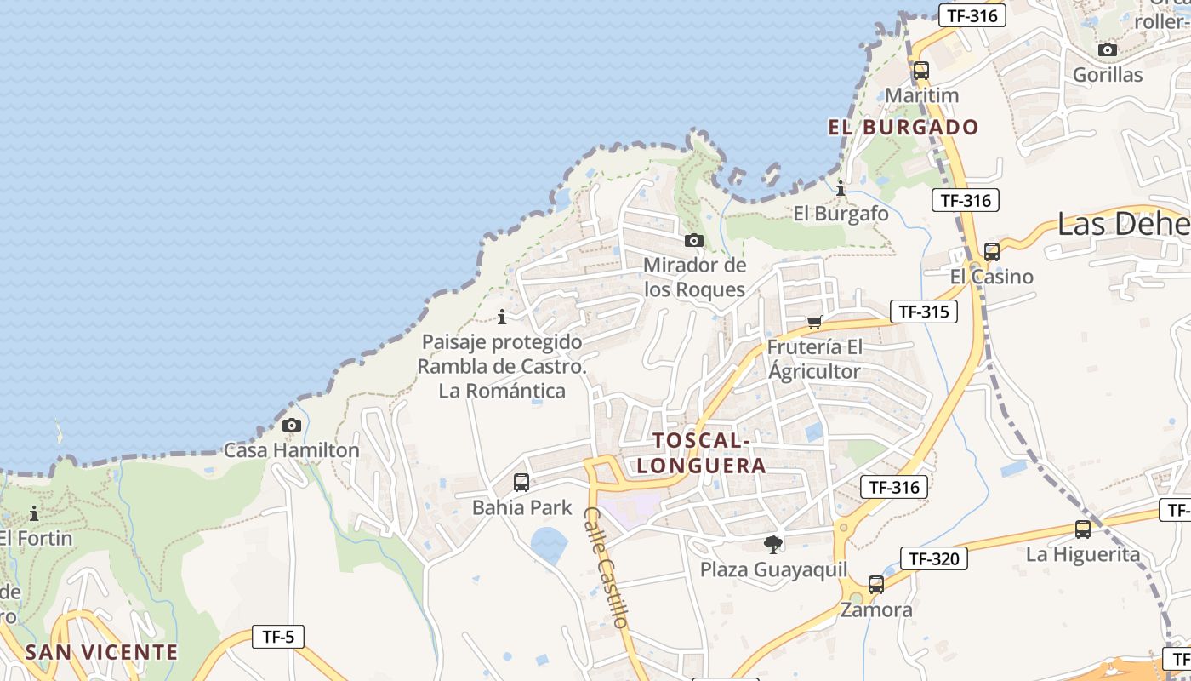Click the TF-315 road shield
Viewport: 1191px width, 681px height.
point(923,312)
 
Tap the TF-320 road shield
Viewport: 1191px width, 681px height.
point(933,558)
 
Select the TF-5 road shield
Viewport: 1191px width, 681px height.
point(278,636)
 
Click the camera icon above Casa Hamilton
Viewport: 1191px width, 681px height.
point(291,425)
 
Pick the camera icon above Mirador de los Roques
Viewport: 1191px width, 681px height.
point(694,240)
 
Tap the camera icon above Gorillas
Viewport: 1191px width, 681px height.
point(1107,49)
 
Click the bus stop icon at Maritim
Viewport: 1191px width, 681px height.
point(920,71)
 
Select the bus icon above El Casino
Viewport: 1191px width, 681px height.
point(991,252)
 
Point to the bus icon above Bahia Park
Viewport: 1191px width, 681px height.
point(521,483)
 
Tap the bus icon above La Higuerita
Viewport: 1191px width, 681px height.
point(1082,529)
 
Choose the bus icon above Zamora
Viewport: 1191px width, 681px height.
point(876,585)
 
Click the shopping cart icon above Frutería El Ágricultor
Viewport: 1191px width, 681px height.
point(814,322)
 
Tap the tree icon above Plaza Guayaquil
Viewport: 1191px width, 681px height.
point(773,544)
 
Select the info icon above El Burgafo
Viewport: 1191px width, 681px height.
point(841,188)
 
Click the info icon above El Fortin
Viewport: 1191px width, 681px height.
point(34,513)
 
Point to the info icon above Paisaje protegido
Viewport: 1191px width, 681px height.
point(502,317)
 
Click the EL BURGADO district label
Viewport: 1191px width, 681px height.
point(903,128)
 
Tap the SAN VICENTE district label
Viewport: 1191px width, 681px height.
point(101,652)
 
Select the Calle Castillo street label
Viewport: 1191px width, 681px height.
point(607,568)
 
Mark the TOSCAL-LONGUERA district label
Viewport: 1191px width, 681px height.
point(701,453)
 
